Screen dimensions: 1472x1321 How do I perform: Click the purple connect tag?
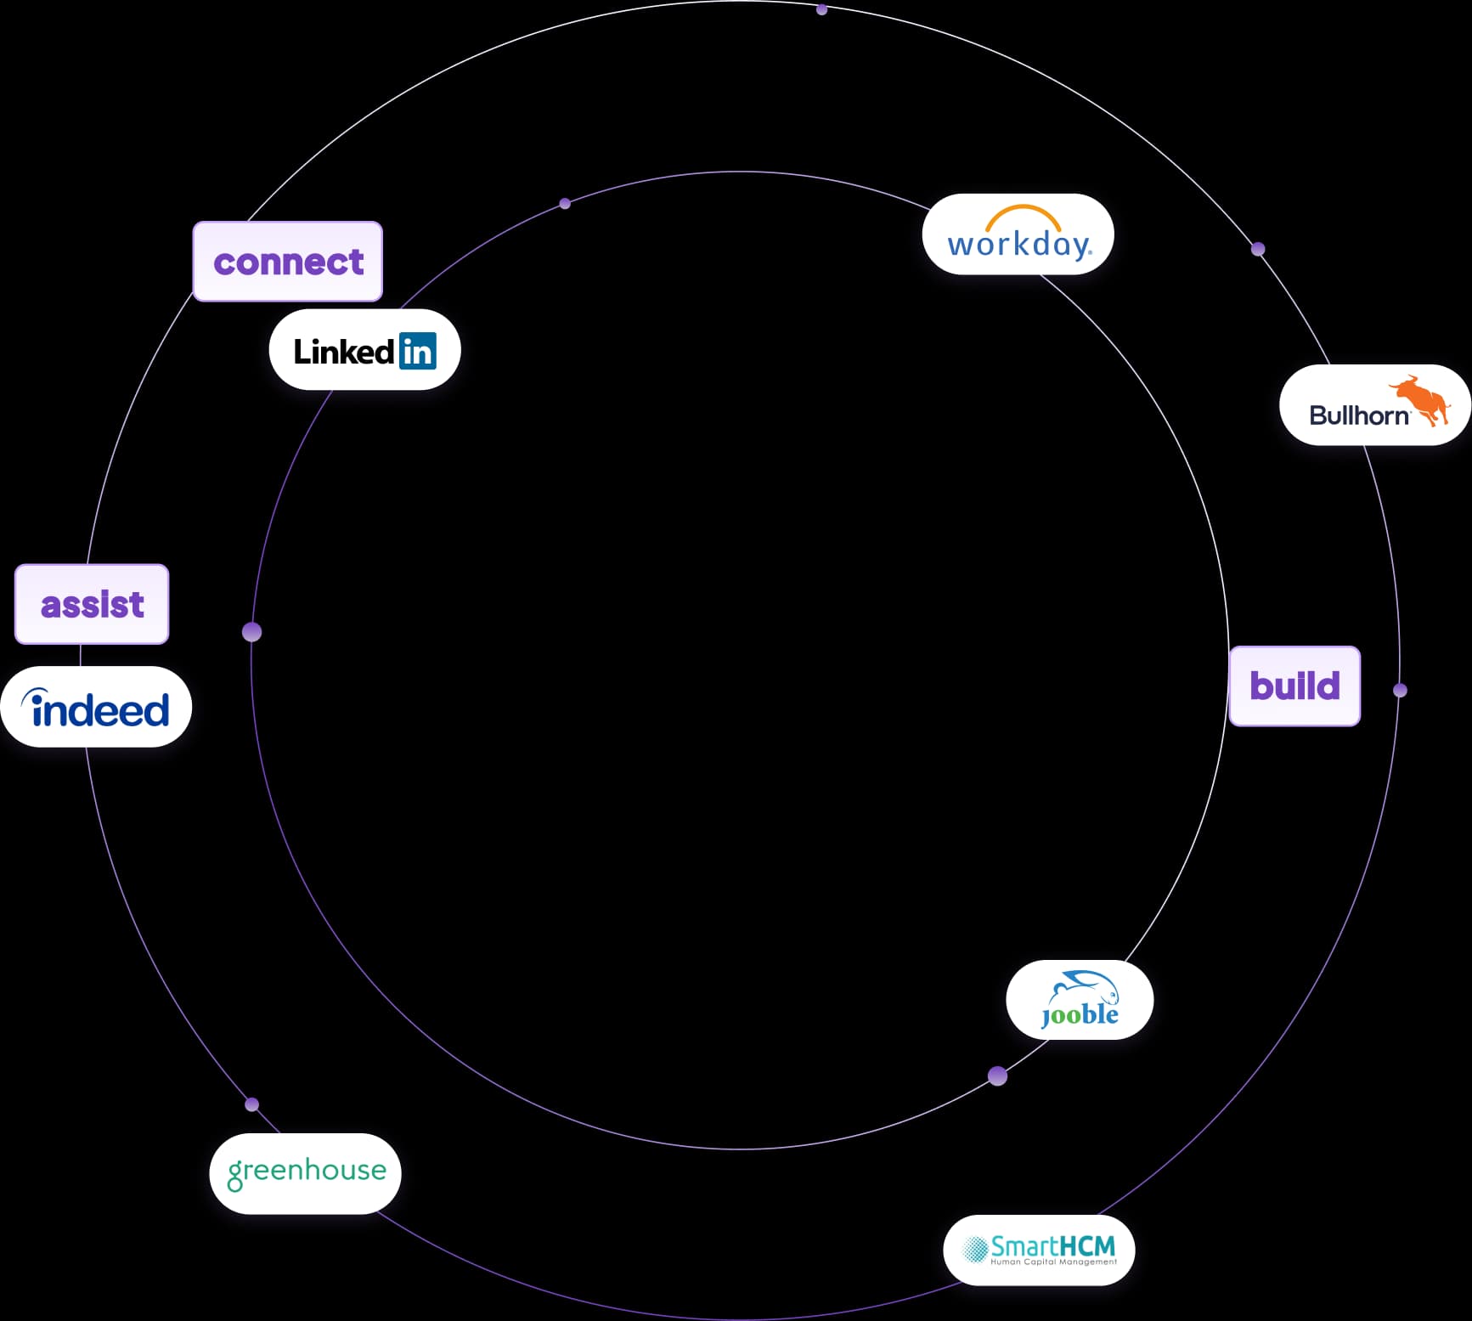pos(288,262)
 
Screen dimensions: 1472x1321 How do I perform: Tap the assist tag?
pos(92,604)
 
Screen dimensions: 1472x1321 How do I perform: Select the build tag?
pos(1294,686)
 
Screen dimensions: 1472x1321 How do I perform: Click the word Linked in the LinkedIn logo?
pos(343,352)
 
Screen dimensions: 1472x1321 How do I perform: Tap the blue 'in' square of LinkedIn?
pos(418,351)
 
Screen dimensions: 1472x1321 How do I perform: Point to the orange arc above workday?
pos(1023,214)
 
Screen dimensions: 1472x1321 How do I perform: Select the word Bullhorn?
pos(1358,415)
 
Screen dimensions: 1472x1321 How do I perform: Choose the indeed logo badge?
pos(96,708)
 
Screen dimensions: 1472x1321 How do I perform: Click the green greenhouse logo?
pos(307,1172)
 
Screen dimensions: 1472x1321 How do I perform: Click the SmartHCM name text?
pos(1052,1246)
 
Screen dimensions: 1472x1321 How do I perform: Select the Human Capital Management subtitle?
pos(1053,1262)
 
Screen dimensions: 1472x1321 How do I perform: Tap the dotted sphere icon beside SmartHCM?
pos(974,1248)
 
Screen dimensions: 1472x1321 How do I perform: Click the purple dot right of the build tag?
pos(1400,691)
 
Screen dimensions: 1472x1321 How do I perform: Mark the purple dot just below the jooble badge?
pos(998,1076)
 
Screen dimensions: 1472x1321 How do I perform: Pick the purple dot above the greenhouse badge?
pos(251,1104)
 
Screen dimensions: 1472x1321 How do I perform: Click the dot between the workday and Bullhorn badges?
pos(1258,249)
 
